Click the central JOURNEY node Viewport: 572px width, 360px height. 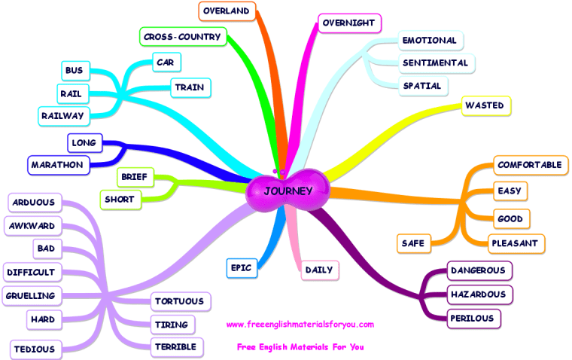[x=288, y=191]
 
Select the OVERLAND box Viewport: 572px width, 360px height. [x=227, y=11]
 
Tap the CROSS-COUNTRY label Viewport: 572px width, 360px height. [x=182, y=36]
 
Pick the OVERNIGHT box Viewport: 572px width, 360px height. [x=348, y=23]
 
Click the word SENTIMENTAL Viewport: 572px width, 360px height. [x=435, y=63]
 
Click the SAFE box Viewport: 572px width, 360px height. [x=412, y=243]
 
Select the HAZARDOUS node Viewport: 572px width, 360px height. [x=476, y=294]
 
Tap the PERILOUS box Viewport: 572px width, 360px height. [x=473, y=319]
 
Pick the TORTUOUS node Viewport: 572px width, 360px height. [x=179, y=301]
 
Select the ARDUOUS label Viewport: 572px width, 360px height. [x=35, y=202]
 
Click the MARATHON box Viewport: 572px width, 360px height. [x=56, y=164]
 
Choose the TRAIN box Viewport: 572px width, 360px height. [x=190, y=87]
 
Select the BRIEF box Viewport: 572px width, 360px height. [x=137, y=177]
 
